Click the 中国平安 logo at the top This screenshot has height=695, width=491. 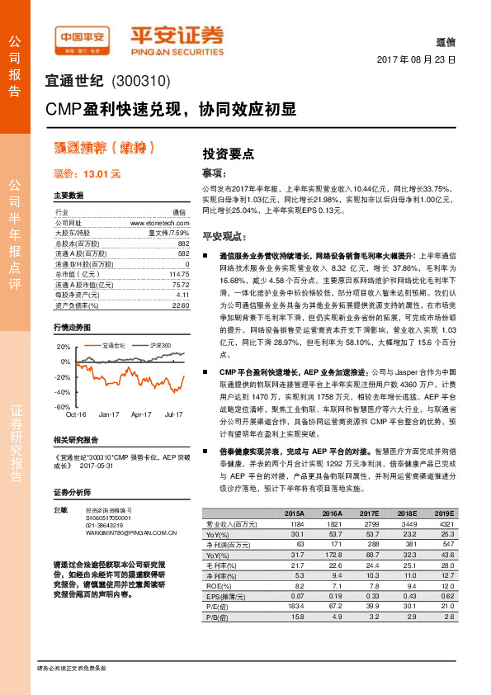coord(83,36)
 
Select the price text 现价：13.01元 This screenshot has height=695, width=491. coord(87,174)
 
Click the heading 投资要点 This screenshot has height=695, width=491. coord(228,154)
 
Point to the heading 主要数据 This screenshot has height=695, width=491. coord(68,196)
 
